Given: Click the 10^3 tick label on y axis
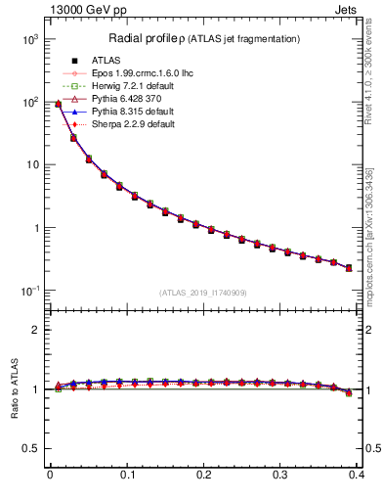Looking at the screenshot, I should click(x=28, y=39).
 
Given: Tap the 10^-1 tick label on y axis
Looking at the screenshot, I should click(x=28, y=291).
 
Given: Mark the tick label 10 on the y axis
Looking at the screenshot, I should click(x=31, y=165).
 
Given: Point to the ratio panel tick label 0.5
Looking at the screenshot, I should click(x=32, y=449).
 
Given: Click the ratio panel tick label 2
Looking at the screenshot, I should click(x=37, y=330).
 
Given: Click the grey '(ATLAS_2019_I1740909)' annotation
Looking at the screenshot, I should click(x=202, y=293).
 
